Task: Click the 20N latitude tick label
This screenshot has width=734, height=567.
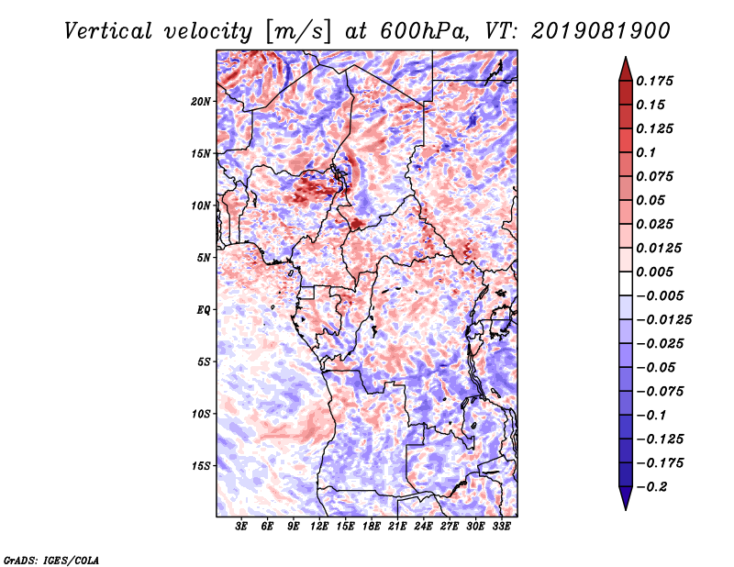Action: (201, 102)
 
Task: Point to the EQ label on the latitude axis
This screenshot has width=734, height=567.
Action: (204, 310)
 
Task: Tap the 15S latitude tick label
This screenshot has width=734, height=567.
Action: (201, 466)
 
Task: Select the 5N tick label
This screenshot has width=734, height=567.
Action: (204, 258)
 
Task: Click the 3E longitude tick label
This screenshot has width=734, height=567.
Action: (241, 527)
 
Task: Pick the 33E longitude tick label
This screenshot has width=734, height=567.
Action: (501, 527)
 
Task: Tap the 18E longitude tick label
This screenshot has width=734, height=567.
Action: (372, 527)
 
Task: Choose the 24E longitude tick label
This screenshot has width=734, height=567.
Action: (423, 527)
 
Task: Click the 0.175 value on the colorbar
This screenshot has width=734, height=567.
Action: (654, 82)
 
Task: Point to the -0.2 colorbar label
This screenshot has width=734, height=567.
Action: (651, 487)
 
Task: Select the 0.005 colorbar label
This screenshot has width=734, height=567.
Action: (654, 272)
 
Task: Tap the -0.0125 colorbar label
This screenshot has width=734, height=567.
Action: (663, 320)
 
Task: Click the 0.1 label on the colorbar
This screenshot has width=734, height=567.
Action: (646, 152)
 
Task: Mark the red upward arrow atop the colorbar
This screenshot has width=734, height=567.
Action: (626, 69)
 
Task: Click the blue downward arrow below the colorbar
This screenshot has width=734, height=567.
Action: (626, 498)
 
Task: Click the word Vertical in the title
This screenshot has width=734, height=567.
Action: (108, 31)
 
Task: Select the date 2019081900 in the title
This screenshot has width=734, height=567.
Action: (601, 31)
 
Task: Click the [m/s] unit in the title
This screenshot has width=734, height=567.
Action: (298, 32)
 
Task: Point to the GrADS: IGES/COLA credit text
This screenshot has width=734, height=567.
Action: (51, 560)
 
